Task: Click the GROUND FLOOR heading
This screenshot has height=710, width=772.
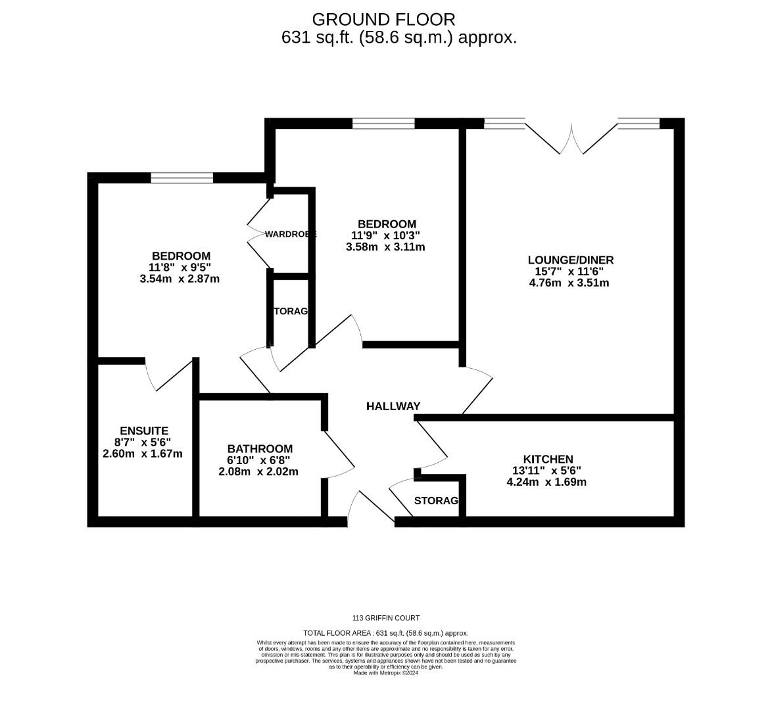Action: [383, 19]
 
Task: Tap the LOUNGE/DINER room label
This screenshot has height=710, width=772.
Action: [570, 260]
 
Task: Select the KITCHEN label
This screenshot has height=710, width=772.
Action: [548, 459]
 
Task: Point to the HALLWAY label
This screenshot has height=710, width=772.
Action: [393, 406]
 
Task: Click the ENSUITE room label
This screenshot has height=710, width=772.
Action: [144, 431]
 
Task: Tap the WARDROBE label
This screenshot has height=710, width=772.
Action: [291, 234]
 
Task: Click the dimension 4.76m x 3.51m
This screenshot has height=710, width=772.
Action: [569, 283]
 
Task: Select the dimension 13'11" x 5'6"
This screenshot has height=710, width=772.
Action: [547, 471]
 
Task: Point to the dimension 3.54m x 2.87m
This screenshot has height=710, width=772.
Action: [180, 279]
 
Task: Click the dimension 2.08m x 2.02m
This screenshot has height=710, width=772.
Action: [258, 471]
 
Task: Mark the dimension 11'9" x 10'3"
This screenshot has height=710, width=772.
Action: [385, 235]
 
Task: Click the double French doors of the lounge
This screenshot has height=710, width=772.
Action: [571, 139]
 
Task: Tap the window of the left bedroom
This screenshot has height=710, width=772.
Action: [181, 177]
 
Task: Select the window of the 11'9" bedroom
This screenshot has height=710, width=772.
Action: [383, 124]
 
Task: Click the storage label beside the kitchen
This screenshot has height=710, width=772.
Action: [436, 501]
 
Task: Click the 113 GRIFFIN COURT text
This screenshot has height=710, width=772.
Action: [386, 618]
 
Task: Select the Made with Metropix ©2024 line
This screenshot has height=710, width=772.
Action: [386, 673]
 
